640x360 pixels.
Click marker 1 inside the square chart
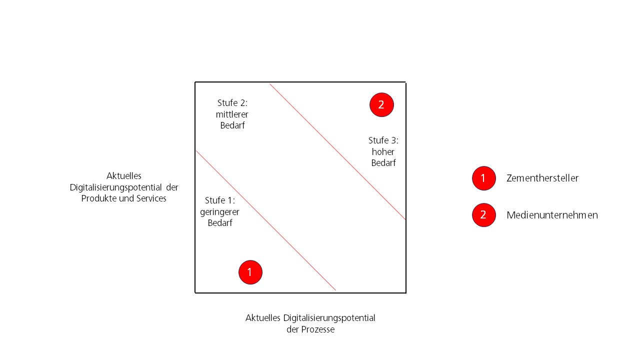[250, 272]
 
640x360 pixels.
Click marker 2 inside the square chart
[381, 105]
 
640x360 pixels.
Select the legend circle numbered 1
[484, 178]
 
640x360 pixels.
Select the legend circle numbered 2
[484, 215]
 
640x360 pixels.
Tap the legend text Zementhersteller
[542, 178]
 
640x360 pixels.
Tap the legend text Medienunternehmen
[552, 215]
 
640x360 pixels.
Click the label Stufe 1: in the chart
[220, 200]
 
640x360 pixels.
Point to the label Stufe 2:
[232, 103]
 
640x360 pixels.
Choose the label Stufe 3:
[383, 140]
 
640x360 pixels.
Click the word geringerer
[219, 212]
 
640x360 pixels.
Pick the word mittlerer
[232, 114]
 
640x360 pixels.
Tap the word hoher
[383, 151]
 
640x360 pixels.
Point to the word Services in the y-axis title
[151, 198]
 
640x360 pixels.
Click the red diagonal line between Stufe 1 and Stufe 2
[266, 220]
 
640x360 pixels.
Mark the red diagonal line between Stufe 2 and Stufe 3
[337, 151]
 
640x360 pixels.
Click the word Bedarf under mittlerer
[232, 125]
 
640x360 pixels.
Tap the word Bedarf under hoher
[383, 163]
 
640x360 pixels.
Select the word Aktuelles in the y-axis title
[124, 175]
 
